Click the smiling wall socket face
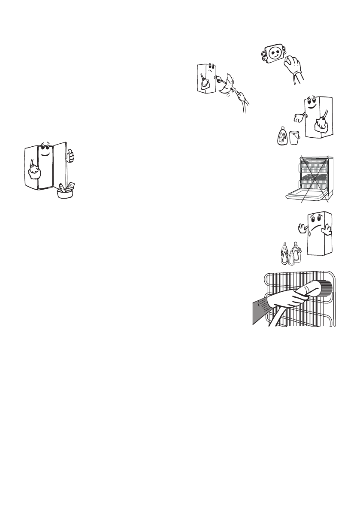274,53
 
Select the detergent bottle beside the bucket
283,136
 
